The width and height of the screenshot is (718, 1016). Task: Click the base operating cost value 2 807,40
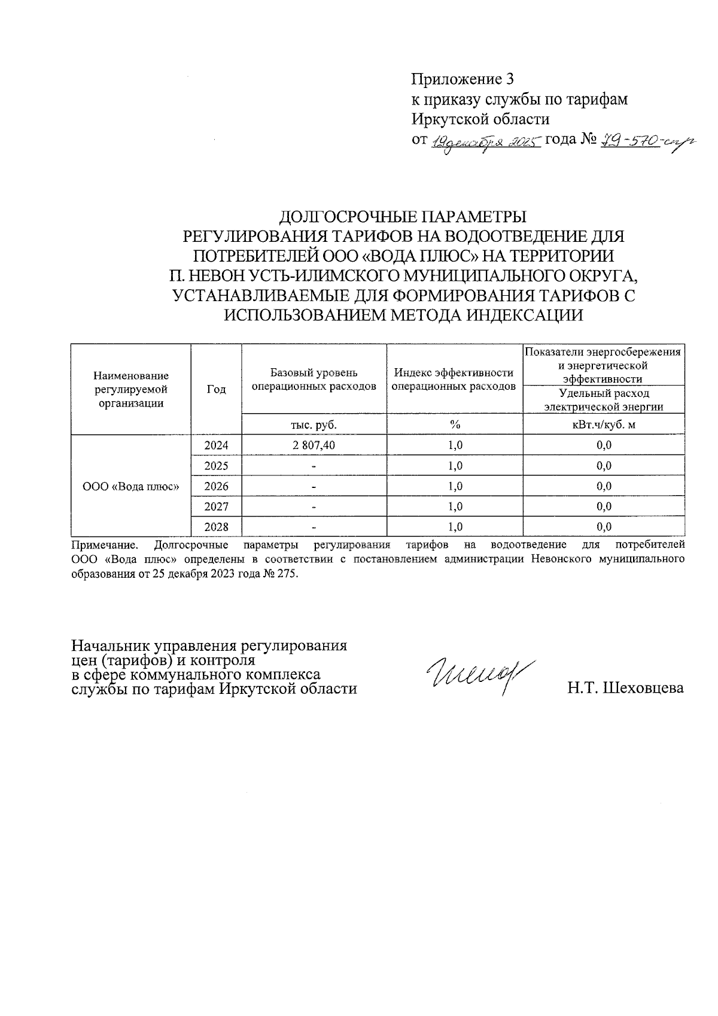pos(314,445)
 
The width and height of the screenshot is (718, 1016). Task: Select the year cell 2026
pos(216,486)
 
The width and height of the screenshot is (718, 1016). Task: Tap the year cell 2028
pos(216,527)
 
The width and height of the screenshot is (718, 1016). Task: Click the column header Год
pos(216,389)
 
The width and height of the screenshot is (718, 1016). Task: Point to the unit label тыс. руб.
pos(314,424)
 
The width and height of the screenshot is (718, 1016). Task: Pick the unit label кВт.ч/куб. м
pos(604,424)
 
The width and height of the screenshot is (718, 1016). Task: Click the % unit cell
pos(455,424)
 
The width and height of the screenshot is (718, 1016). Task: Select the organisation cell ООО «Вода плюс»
pos(131,486)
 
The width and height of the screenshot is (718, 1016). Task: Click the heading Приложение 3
pos(463,79)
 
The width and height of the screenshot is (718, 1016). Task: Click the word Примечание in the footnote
pos(104,545)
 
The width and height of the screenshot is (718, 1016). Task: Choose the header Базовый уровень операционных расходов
pos(314,380)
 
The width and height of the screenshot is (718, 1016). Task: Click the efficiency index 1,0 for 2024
pos(455,445)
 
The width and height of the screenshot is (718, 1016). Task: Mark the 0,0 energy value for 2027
pos(604,507)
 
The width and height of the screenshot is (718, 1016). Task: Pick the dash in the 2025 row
pos(314,466)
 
